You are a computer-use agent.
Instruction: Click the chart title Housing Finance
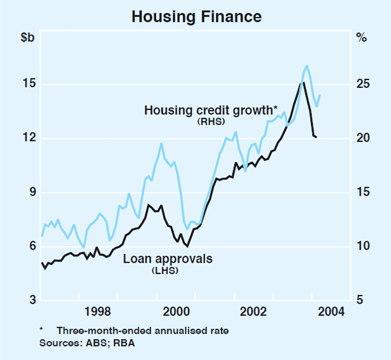pyautogui.click(x=195, y=16)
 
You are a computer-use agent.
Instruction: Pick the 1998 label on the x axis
pyautogui.click(x=96, y=310)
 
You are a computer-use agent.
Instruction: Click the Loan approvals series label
pyautogui.click(x=167, y=259)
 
